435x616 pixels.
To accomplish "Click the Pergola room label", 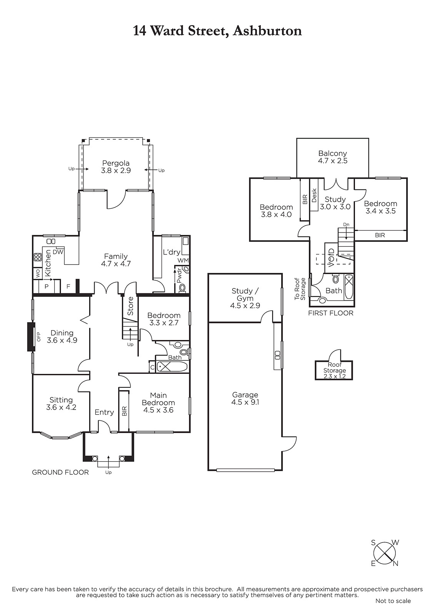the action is point(116,167).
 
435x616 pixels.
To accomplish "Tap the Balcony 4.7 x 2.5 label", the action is point(333,157).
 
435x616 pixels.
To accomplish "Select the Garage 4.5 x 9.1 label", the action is point(245,398).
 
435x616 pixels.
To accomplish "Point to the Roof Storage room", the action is point(334,370).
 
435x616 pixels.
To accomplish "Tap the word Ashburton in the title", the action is point(267,31).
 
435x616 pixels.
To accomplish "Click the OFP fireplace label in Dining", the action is point(38,336).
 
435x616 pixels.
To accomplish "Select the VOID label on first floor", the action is point(332,258).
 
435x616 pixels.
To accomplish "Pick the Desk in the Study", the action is point(314,195).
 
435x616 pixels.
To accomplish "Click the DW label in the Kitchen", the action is point(58,252).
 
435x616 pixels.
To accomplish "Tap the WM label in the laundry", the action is point(183,260).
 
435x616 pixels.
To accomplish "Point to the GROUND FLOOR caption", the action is point(60,472).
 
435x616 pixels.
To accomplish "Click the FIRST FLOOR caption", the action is point(331,313).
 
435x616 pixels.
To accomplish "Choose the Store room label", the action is point(130,306).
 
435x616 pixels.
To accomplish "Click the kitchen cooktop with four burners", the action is point(38,257).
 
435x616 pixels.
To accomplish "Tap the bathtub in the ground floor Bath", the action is point(172,367).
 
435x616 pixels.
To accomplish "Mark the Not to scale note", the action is point(393,609).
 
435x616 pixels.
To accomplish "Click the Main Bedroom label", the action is point(158,403).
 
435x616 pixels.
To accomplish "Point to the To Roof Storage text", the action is point(300,289).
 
